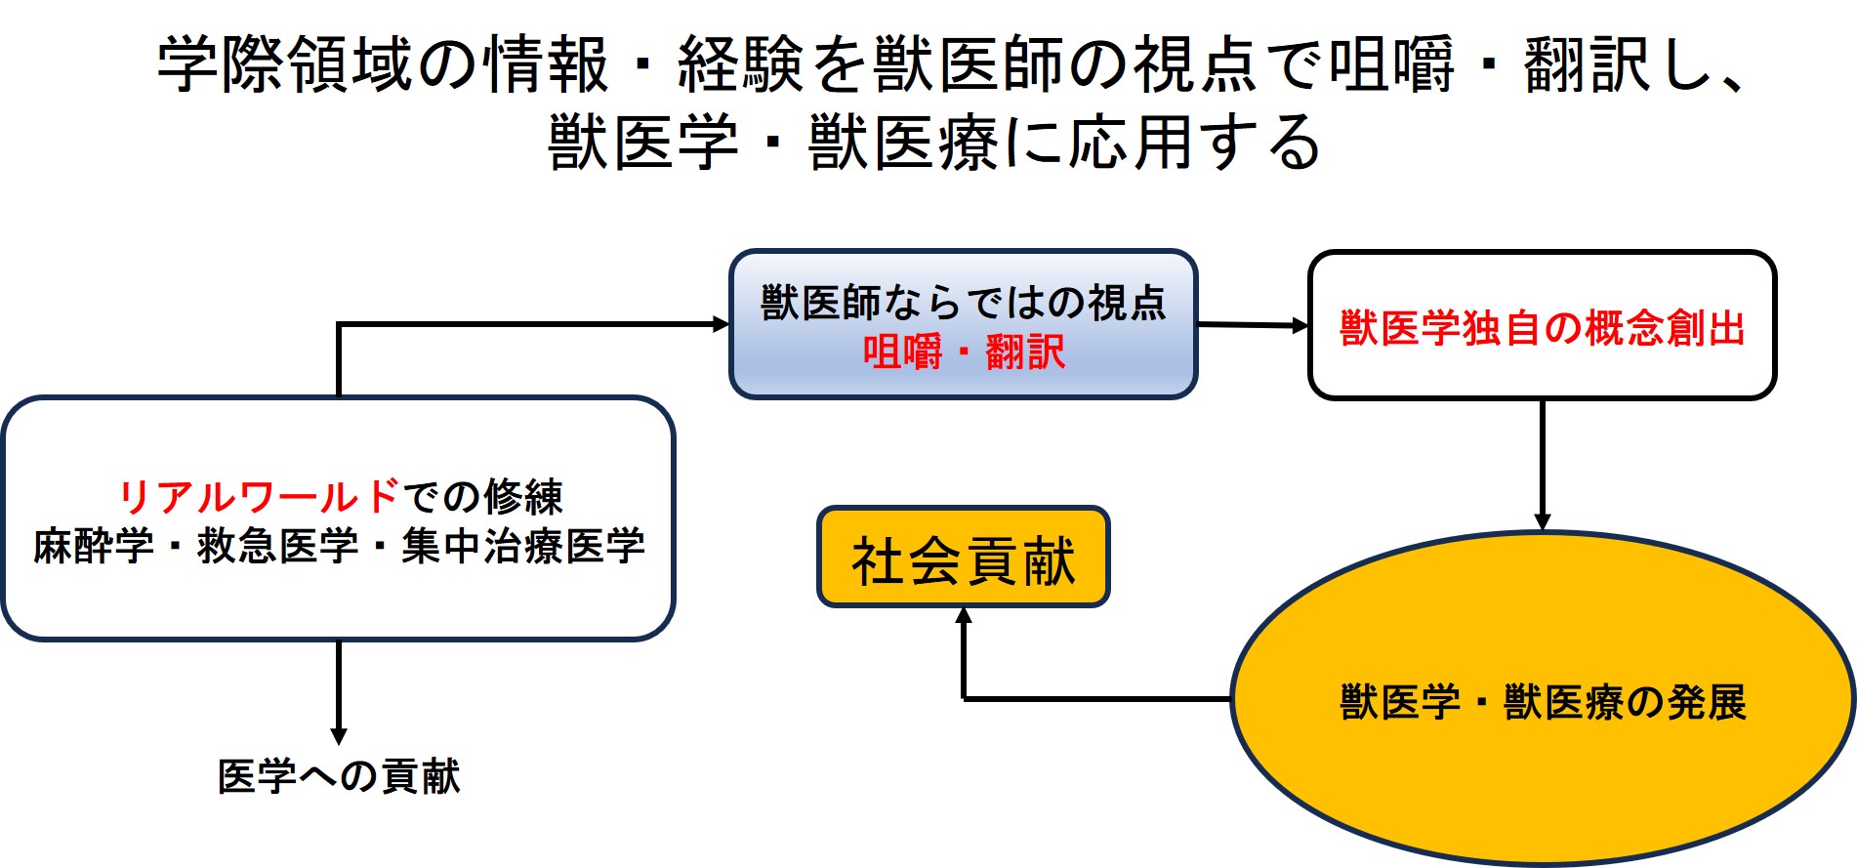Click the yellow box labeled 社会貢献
[x=963, y=558]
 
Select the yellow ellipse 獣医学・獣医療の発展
[x=1542, y=700]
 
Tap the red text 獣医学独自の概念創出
[x=1542, y=327]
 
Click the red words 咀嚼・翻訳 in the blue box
[x=963, y=351]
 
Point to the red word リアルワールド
[x=258, y=497]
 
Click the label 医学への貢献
[x=339, y=776]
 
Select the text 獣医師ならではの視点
[x=963, y=303]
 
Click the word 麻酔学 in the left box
[x=94, y=546]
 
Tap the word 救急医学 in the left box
[x=277, y=546]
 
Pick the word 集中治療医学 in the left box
[x=522, y=546]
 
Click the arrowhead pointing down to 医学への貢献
[x=339, y=734]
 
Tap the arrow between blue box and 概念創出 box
[x=1253, y=325]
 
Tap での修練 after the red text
[x=483, y=497]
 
